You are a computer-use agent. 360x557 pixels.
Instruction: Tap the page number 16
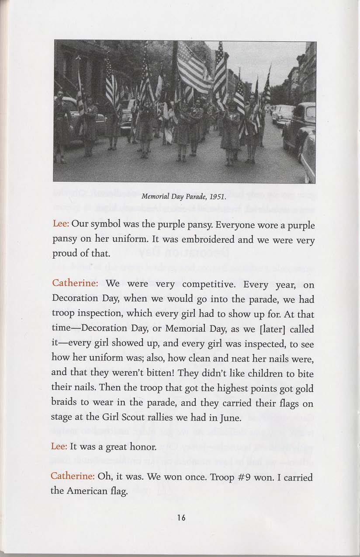click(x=181, y=518)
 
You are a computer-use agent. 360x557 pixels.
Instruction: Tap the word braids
click(x=65, y=404)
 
